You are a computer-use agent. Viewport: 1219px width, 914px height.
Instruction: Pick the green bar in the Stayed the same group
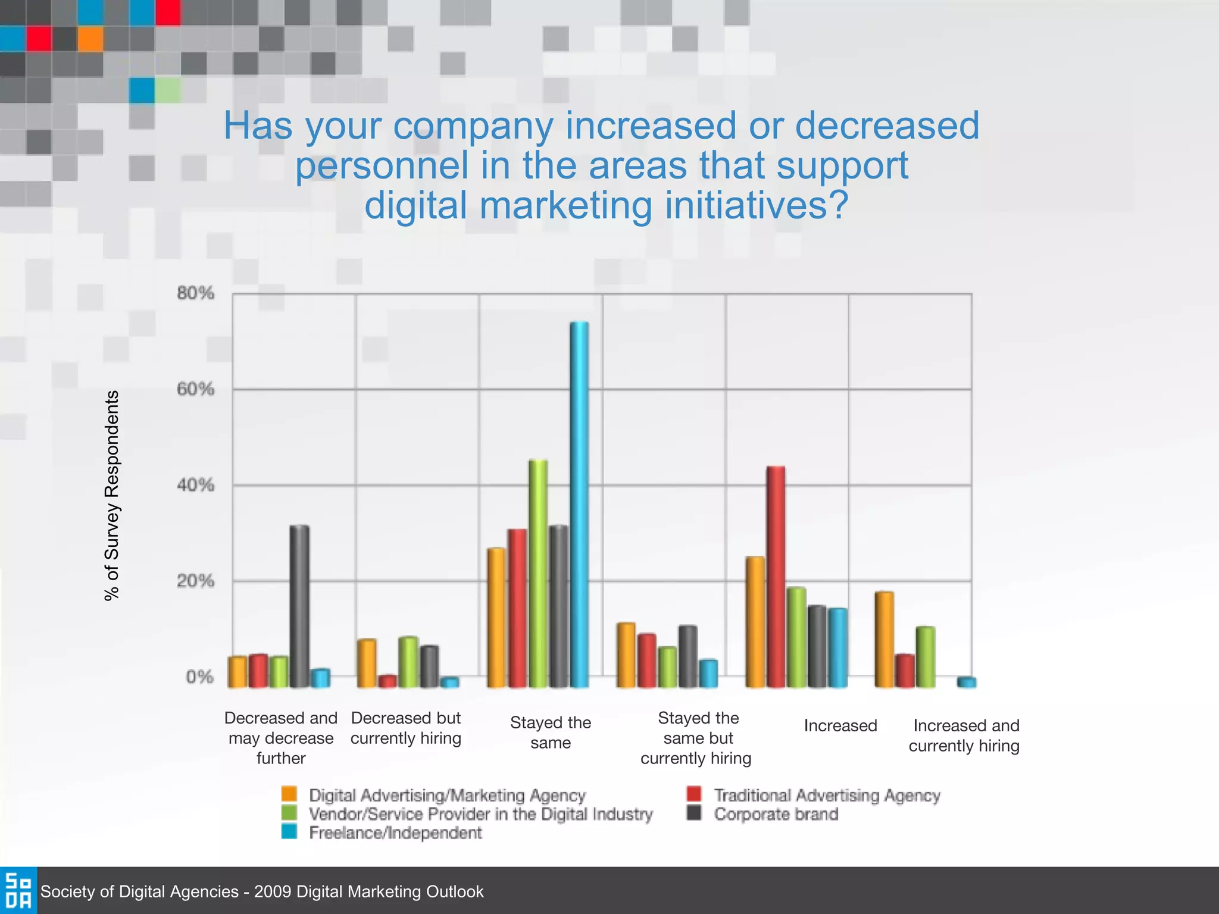tap(538, 574)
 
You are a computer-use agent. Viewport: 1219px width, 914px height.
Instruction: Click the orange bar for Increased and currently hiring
tap(884, 639)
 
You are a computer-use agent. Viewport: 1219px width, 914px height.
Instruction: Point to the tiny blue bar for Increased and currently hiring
tap(967, 682)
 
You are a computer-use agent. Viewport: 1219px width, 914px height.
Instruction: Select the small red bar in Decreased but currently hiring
tap(387, 681)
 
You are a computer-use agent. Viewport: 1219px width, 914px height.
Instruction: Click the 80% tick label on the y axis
tap(195, 293)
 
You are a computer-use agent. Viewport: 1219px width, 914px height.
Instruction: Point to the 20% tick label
tap(195, 581)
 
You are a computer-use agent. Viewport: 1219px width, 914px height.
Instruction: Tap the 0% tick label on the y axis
tap(199, 677)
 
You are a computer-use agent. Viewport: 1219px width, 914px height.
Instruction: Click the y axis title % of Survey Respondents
tap(112, 495)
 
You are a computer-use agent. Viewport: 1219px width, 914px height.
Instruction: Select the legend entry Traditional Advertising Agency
tap(826, 795)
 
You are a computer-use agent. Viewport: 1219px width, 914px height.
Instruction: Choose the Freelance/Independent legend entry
tap(395, 832)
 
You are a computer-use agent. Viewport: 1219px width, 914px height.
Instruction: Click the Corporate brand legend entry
tap(776, 814)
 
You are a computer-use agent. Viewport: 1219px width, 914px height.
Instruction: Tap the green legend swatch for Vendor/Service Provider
tap(289, 813)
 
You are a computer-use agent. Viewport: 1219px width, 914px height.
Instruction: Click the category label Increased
tap(840, 725)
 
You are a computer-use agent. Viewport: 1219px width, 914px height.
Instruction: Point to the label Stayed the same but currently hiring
tap(697, 738)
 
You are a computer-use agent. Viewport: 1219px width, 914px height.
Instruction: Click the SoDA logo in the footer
tap(18, 890)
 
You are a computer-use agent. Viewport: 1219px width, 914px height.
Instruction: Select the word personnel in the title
tap(382, 165)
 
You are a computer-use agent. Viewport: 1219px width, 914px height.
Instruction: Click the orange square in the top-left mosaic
tap(90, 39)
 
